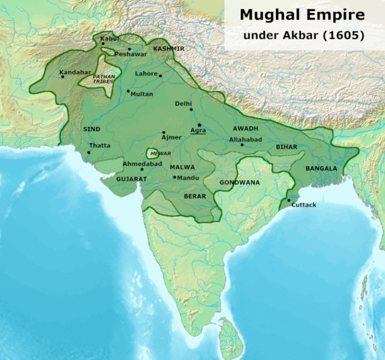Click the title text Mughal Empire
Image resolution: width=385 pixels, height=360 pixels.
(302, 15)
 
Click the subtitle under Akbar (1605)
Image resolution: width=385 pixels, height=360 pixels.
(303, 36)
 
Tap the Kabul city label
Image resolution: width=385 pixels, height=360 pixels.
(109, 38)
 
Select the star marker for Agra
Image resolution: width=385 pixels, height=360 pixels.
(200, 125)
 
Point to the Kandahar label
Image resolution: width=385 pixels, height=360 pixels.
(75, 72)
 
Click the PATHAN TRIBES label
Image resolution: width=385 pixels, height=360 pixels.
(104, 79)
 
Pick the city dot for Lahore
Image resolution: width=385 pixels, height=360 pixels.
(160, 76)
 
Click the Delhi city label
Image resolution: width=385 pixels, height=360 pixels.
(183, 104)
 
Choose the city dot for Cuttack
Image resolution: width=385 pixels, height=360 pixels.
(288, 201)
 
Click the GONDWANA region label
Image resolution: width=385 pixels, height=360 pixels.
(240, 183)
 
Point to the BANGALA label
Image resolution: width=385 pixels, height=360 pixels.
(321, 168)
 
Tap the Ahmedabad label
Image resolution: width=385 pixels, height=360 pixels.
(142, 164)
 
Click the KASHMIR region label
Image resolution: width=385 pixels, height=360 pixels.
(168, 49)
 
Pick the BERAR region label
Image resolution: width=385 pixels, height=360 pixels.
(195, 196)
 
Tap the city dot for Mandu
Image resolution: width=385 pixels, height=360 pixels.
(174, 177)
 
